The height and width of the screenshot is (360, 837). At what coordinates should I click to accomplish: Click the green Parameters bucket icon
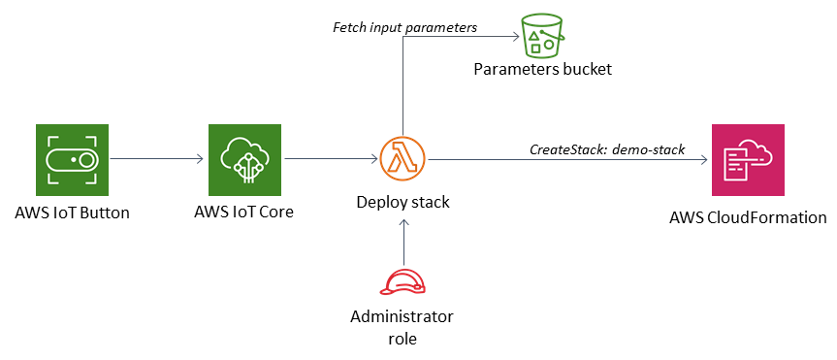[x=542, y=36]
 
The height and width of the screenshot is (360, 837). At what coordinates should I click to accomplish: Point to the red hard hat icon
[x=402, y=282]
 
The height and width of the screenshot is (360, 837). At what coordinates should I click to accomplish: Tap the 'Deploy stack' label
[x=402, y=202]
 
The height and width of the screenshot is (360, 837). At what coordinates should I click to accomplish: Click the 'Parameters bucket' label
[x=542, y=69]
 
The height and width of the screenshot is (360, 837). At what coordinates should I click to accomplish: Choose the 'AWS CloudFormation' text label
[x=748, y=216]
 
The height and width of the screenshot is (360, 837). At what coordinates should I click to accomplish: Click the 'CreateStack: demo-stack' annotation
[x=607, y=149]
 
